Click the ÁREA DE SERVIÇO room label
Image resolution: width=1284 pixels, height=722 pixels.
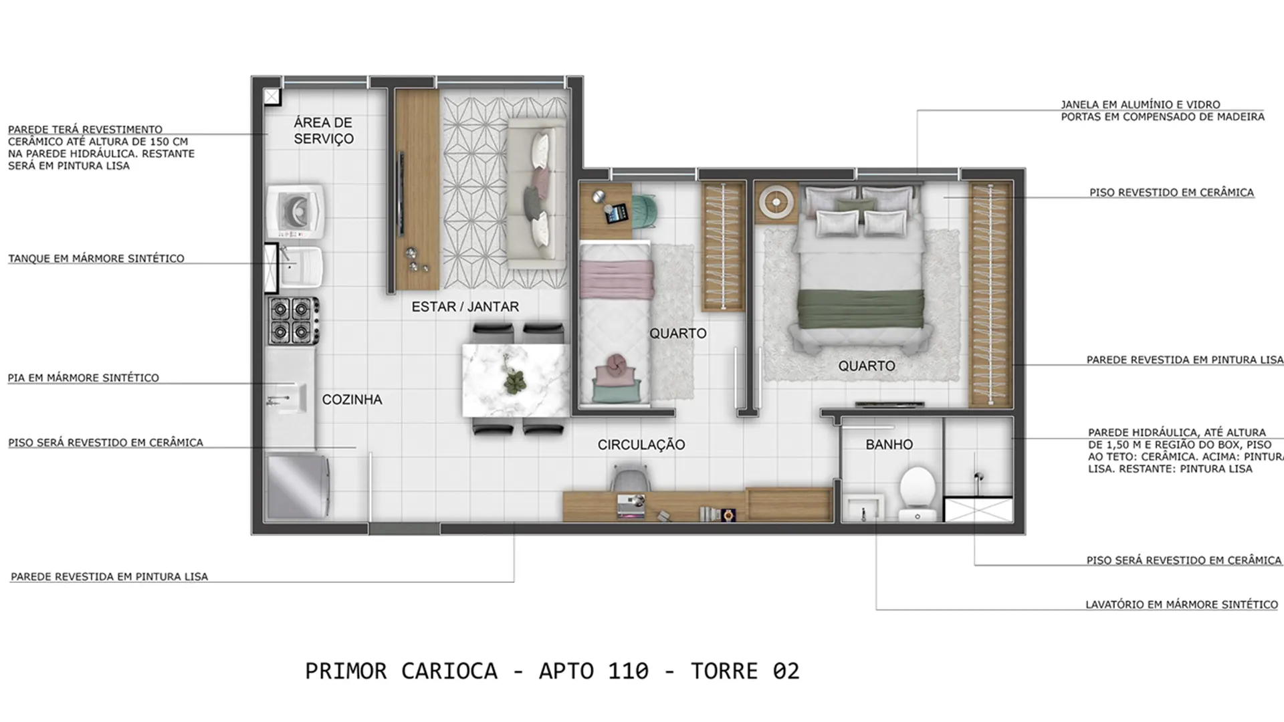(324, 130)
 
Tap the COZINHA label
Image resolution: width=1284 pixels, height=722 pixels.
(352, 400)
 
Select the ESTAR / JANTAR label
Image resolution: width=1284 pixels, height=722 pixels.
(465, 307)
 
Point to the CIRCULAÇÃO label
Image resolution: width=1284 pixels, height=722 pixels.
(641, 445)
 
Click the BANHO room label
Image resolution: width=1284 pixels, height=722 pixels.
(889, 445)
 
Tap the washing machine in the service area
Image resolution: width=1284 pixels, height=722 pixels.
(296, 211)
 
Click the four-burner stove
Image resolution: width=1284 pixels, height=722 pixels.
(294, 321)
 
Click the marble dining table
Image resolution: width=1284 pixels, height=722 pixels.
(516, 380)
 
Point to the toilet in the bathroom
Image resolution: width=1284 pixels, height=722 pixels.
(917, 493)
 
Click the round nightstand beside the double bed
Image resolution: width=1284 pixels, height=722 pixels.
(776, 201)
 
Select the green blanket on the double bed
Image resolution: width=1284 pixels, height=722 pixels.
(861, 309)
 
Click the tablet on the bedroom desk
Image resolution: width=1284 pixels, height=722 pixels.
(617, 213)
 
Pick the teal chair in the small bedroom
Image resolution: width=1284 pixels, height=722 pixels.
(644, 209)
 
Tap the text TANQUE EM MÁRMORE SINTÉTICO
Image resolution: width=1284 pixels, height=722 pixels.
(96, 259)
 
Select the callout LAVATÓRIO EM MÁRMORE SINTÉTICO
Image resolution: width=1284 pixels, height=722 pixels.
(1182, 604)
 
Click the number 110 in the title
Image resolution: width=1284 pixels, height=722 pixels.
(628, 671)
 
